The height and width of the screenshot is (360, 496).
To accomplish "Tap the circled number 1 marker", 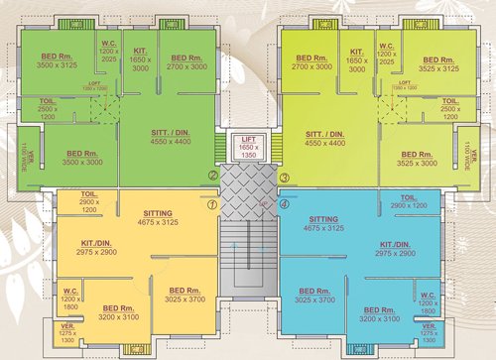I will click(x=211, y=204).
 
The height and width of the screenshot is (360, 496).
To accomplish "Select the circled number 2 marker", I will click(x=211, y=177).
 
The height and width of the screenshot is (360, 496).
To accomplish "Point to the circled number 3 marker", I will click(x=285, y=178).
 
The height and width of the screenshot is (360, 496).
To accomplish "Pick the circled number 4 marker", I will click(x=285, y=205).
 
